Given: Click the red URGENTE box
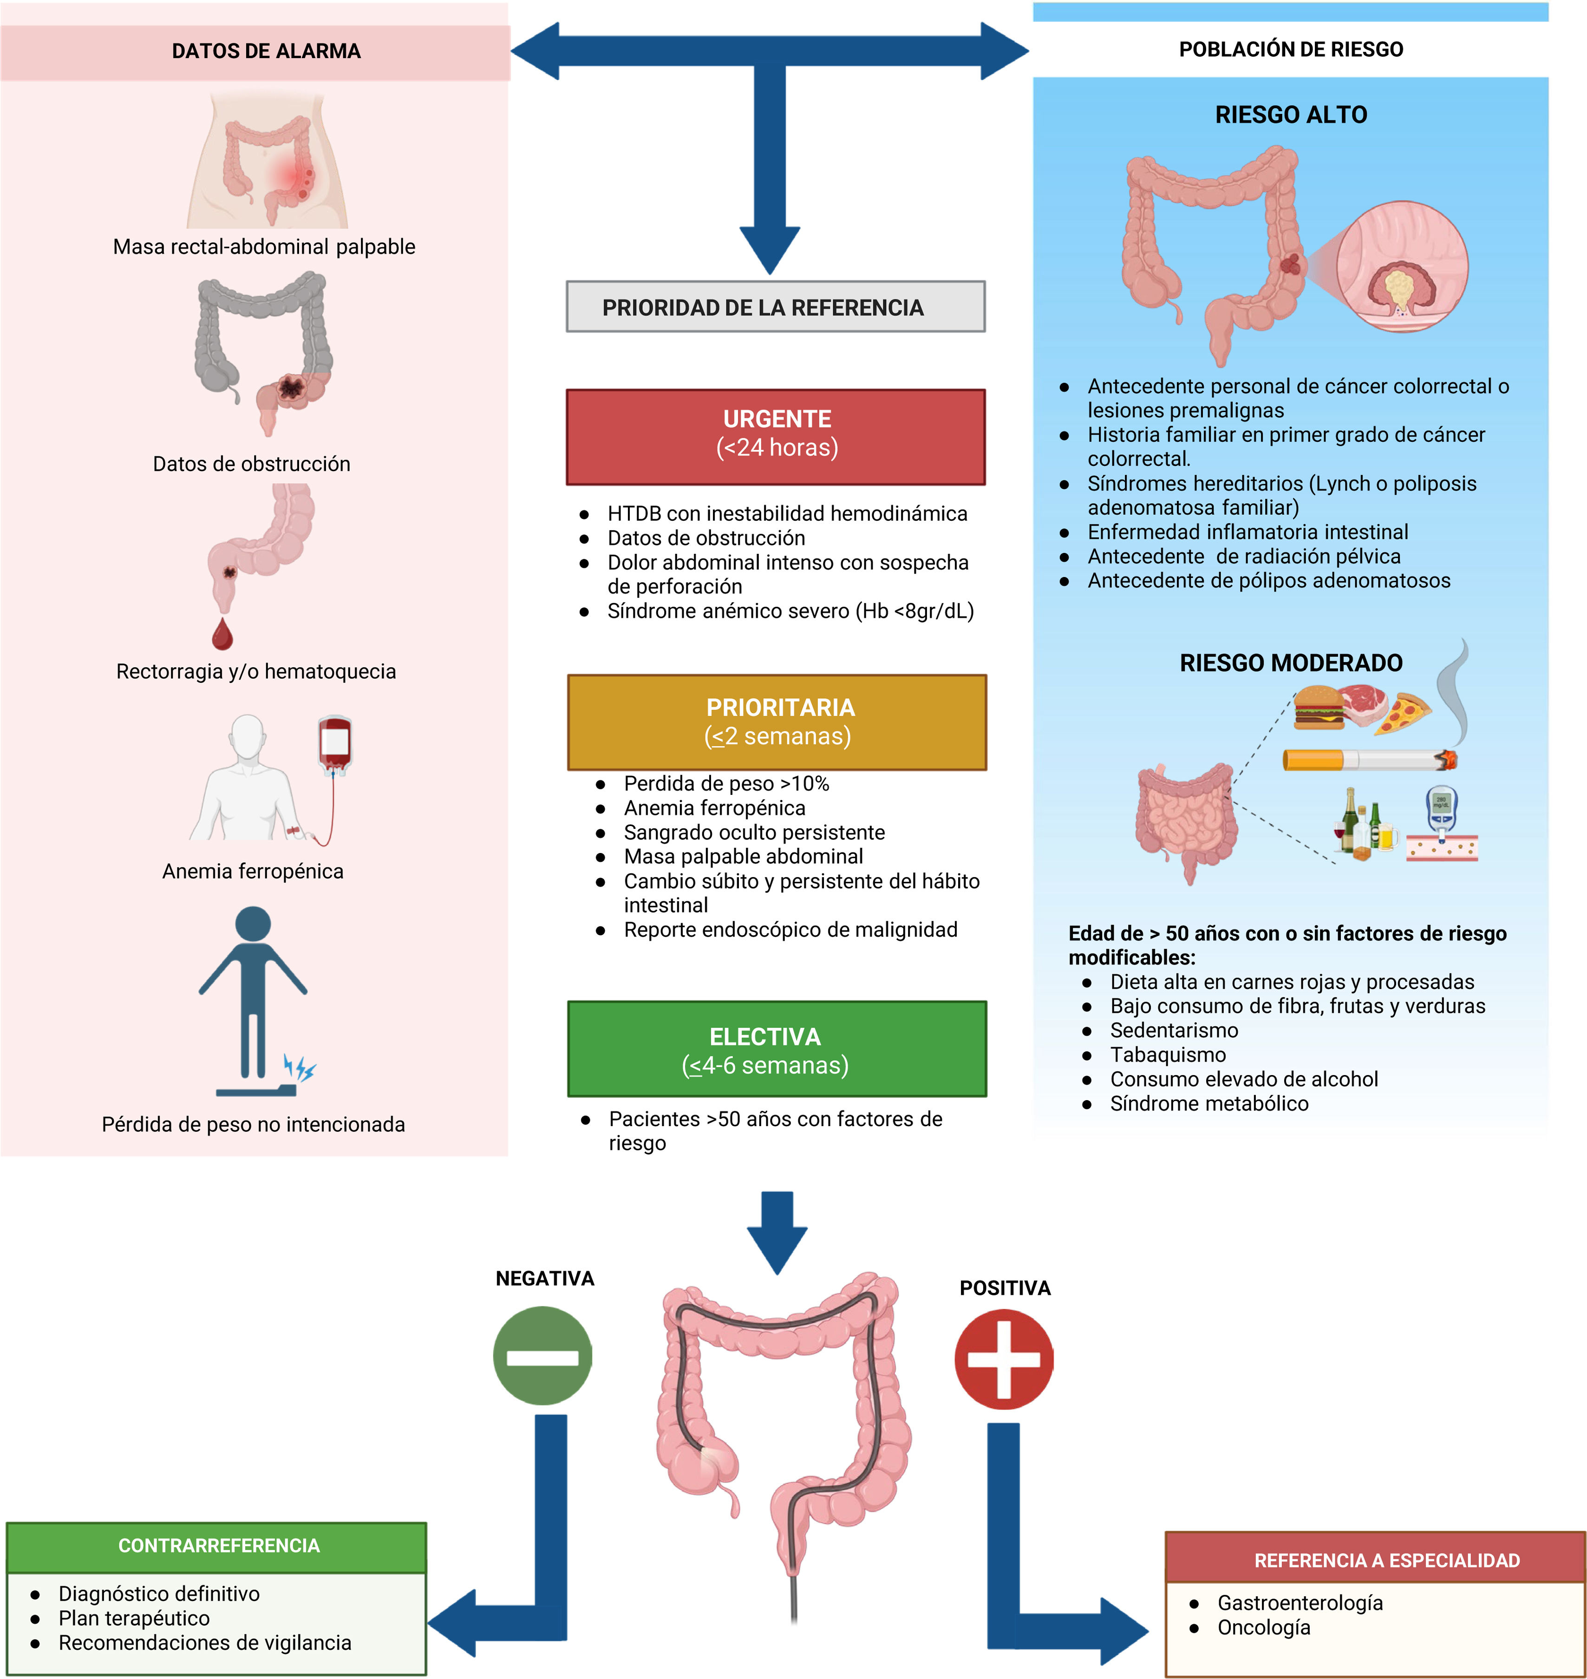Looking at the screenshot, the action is (x=776, y=437).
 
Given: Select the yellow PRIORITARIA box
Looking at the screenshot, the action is (x=777, y=722).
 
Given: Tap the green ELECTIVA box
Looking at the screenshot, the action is (x=777, y=1049).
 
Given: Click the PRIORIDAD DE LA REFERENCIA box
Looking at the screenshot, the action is (x=776, y=306).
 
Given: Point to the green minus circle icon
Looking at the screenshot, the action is (x=542, y=1356).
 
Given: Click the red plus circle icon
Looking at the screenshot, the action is (x=1004, y=1359).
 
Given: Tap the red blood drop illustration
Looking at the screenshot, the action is (x=222, y=633).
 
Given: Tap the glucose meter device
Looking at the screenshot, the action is (x=1442, y=810).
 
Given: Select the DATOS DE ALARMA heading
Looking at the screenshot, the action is (x=267, y=51).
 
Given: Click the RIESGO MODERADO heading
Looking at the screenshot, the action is (x=1291, y=662).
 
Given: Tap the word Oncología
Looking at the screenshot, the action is (x=1264, y=1627).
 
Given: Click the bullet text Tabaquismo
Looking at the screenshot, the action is (x=1168, y=1055).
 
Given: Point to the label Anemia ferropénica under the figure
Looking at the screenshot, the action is (x=253, y=871).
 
